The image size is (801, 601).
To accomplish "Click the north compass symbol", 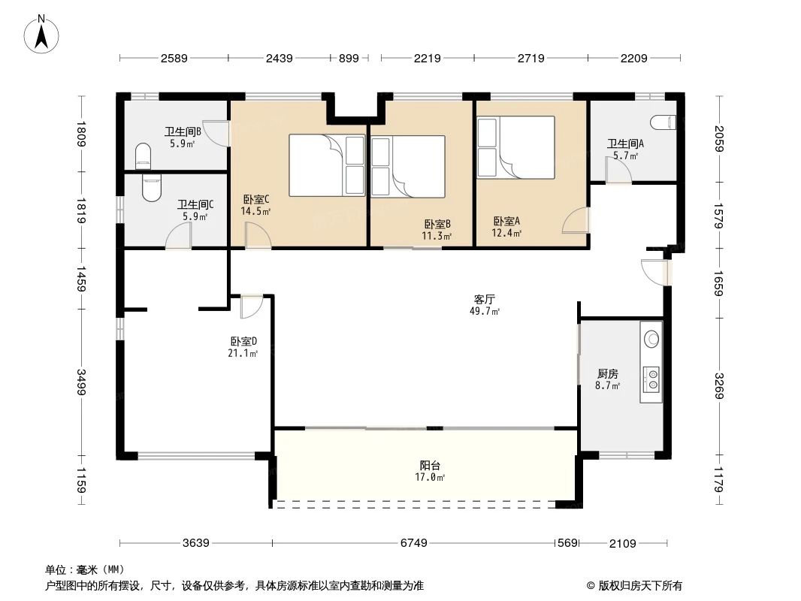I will tap(43, 34).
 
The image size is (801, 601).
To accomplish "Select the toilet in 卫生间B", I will tap(142, 157).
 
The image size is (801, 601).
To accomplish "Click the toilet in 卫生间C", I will tap(151, 187).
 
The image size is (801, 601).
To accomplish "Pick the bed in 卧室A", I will tap(515, 147).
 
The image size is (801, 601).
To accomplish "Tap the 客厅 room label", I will tap(485, 298).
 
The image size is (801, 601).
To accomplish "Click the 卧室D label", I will tap(243, 342).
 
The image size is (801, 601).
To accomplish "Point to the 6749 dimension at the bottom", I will tap(414, 543).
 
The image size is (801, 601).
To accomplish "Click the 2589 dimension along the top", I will tap(174, 58).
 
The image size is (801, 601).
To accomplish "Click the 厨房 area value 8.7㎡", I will tap(609, 386).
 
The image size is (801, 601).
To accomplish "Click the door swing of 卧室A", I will tap(576, 221).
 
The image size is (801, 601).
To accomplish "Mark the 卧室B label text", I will tap(437, 224).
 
